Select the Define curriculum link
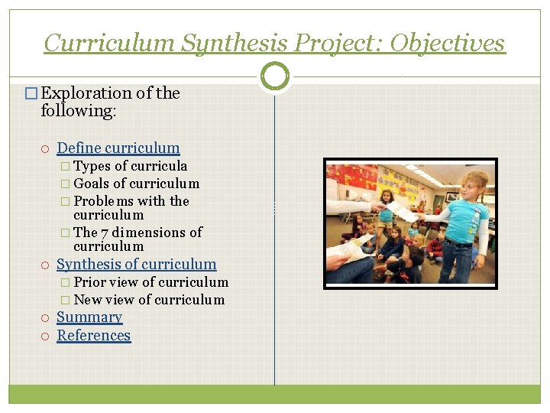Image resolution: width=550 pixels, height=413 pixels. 118,148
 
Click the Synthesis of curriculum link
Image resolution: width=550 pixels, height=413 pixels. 137,265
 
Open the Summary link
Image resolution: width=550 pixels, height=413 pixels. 89,317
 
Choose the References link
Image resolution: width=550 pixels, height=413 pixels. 94,336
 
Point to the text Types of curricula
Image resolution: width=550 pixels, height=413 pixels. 131,166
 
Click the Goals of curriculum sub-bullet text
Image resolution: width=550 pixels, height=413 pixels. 137,184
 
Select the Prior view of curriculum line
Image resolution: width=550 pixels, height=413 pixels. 150,282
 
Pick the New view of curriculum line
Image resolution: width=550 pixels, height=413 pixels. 149,300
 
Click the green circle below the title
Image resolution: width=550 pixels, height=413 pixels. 275,76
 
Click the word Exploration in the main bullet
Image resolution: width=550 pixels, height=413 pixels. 86,93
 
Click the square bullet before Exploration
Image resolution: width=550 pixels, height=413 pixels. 31,94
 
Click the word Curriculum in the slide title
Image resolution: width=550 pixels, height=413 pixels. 109,43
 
